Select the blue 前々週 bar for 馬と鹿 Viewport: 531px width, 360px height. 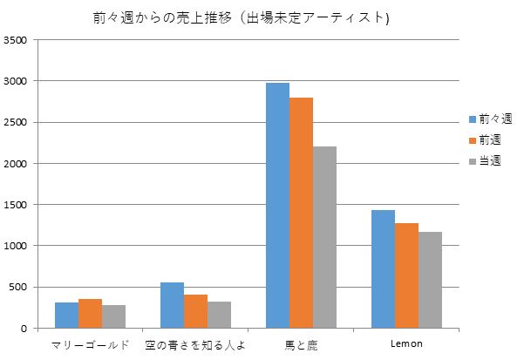coord(277,206)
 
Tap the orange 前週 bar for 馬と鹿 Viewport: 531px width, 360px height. coord(301,213)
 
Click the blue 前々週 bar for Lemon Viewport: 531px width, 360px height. coord(383,269)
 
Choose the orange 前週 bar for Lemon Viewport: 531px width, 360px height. coord(406,275)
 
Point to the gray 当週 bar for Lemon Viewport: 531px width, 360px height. coord(430,280)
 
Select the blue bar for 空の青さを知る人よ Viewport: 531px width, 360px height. coord(172,305)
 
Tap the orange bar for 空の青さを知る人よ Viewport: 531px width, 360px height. coord(195,311)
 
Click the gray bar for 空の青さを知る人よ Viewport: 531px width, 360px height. coord(219,315)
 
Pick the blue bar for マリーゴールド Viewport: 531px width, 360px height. coord(67,316)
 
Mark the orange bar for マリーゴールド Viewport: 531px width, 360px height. coord(91,314)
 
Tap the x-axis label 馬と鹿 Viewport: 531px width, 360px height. coord(301,344)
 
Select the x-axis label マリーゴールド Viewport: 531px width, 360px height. coord(91,344)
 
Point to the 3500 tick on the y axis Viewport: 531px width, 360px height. coord(17,40)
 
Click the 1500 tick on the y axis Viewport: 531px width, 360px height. coord(17,205)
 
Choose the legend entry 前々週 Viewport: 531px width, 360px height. coord(494,119)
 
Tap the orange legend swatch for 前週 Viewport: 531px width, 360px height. coord(472,139)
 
